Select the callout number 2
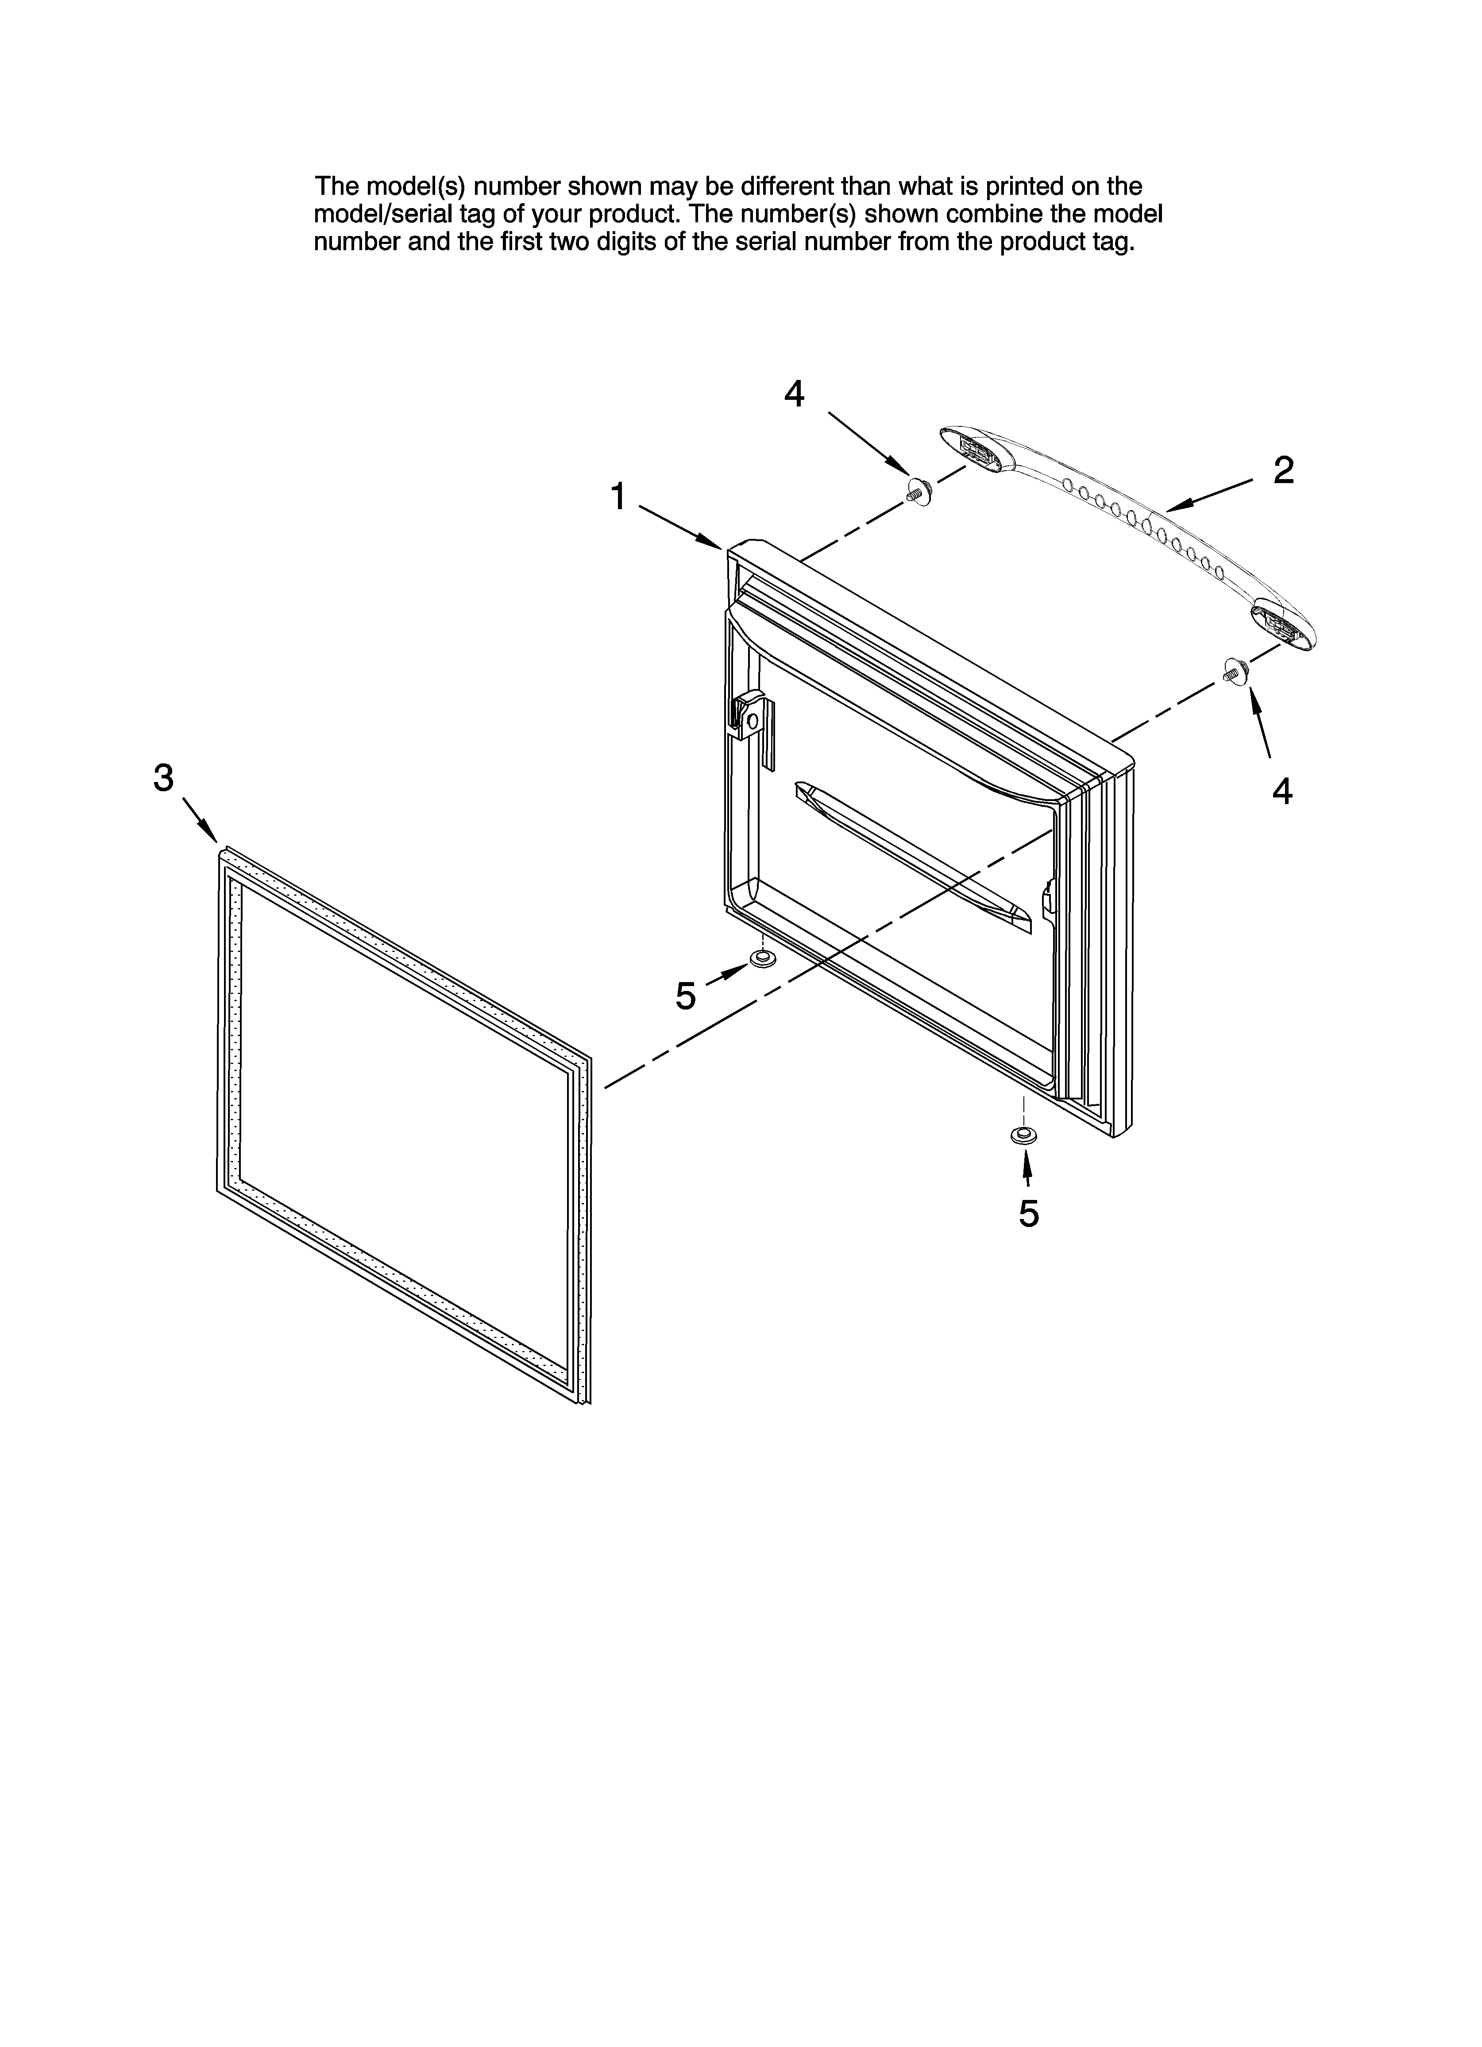pos(1283,470)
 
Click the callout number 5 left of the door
pos(686,996)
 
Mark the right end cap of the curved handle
pos(1280,623)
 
